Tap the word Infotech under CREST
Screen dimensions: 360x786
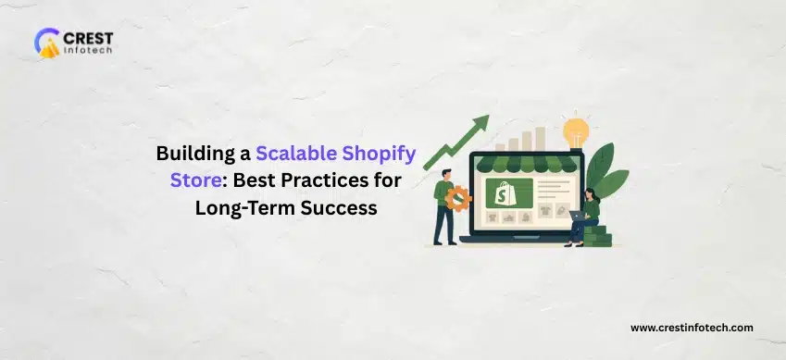[x=87, y=55]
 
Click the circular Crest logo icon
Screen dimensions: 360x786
[x=47, y=43]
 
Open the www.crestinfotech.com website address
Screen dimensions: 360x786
[x=692, y=328]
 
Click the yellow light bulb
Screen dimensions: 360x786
[x=576, y=127]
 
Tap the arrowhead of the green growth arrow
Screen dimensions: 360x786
[x=480, y=123]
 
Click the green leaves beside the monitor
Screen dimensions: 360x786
[x=608, y=171]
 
